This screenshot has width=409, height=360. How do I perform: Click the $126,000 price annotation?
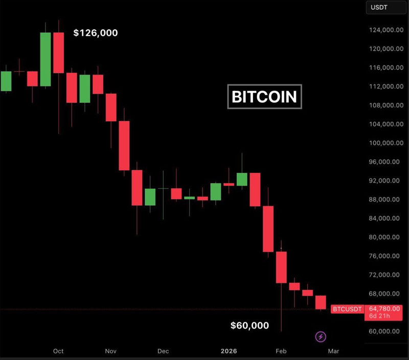[x=96, y=33]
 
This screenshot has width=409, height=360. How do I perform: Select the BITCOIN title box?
[x=264, y=97]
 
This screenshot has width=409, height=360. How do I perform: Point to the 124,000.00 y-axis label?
[x=384, y=30]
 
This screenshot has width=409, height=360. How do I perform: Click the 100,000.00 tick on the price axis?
[x=384, y=143]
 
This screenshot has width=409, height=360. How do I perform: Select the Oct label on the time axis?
[x=58, y=351]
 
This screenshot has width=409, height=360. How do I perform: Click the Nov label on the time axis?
[x=111, y=351]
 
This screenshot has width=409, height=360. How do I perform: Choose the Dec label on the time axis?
[x=163, y=351]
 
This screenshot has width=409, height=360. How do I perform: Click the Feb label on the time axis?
[x=281, y=351]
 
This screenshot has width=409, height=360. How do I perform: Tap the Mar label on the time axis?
[x=333, y=351]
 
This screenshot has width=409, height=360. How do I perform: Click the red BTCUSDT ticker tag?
[x=347, y=309]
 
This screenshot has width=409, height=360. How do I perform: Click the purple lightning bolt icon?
[x=321, y=336]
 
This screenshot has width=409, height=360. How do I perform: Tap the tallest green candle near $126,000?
[x=46, y=59]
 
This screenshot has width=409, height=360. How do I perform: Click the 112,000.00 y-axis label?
[x=384, y=86]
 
